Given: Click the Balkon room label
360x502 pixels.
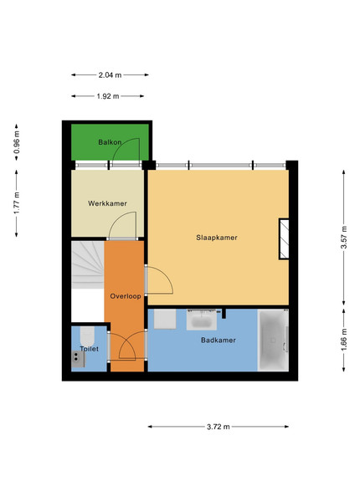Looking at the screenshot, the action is [x=110, y=142].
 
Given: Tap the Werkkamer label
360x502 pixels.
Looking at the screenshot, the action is [x=107, y=203].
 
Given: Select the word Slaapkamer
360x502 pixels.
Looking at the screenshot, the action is [x=217, y=238].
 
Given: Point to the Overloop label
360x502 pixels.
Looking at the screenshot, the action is [x=126, y=296].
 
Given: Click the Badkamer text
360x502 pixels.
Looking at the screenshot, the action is [x=219, y=340].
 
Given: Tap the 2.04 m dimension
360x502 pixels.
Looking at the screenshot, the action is [x=110, y=75].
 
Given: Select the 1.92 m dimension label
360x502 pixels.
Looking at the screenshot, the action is [x=108, y=96].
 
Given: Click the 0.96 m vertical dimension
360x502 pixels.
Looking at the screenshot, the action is [x=17, y=142].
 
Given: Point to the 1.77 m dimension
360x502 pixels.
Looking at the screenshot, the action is [x=17, y=203].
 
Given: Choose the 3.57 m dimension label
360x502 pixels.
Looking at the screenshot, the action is [x=343, y=238].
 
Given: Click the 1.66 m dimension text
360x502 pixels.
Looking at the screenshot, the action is [x=343, y=340].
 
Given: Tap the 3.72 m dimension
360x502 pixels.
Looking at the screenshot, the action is [x=219, y=427].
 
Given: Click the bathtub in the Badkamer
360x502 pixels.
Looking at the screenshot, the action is [x=273, y=340].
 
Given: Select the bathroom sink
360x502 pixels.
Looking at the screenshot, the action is [x=202, y=320].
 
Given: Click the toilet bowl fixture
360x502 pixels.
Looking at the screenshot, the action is [x=87, y=336].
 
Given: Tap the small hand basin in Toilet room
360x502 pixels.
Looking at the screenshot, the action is [x=78, y=359].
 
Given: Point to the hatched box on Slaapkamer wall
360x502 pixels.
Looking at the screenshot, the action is [x=284, y=238].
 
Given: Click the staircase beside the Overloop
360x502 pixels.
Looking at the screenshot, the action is [x=88, y=264].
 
